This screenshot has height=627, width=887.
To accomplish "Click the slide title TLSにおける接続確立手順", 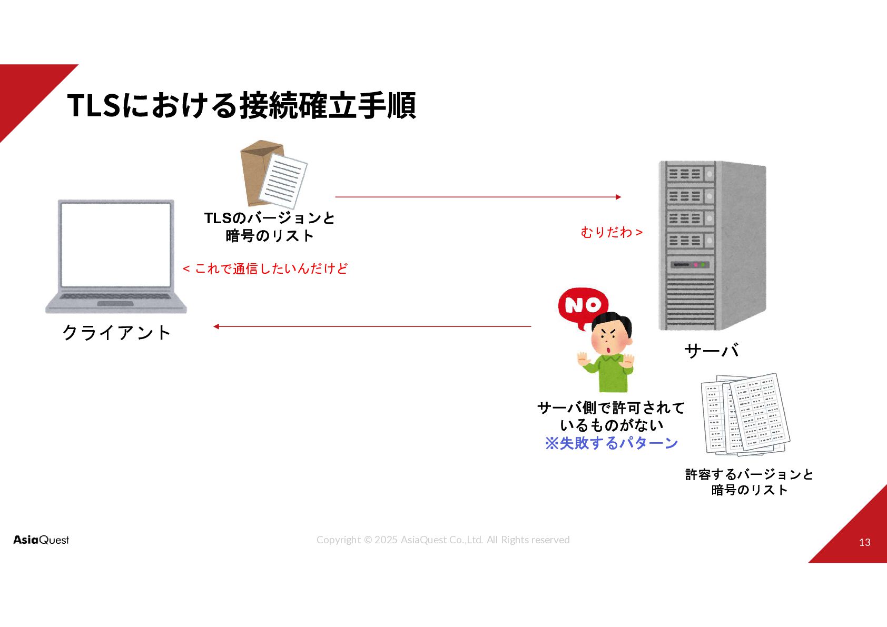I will (x=242, y=105).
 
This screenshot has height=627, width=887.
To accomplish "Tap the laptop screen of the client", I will (x=116, y=244).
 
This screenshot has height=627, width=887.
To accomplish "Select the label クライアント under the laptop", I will (x=116, y=332).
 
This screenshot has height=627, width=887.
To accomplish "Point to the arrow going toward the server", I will (x=478, y=197).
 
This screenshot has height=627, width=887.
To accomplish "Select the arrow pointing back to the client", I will (x=372, y=326).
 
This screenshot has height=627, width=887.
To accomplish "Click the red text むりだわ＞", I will (x=612, y=232).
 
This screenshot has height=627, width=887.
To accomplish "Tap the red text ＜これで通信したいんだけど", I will (x=265, y=268).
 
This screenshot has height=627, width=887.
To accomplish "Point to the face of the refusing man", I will (x=610, y=337).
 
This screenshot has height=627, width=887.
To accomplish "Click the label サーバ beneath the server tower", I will (x=711, y=351).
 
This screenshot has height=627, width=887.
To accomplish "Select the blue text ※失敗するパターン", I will (x=611, y=443).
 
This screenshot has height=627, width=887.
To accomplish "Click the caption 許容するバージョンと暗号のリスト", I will (x=749, y=482).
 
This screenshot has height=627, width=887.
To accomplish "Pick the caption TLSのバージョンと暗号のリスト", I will (x=269, y=227).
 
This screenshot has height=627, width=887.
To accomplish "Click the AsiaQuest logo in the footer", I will (x=41, y=540).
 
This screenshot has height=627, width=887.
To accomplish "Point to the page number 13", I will (x=864, y=542).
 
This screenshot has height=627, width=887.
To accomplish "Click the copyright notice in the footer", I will (x=443, y=540).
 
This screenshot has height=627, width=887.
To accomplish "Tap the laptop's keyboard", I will (x=115, y=297).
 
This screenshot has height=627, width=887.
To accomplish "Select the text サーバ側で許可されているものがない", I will (x=611, y=416).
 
